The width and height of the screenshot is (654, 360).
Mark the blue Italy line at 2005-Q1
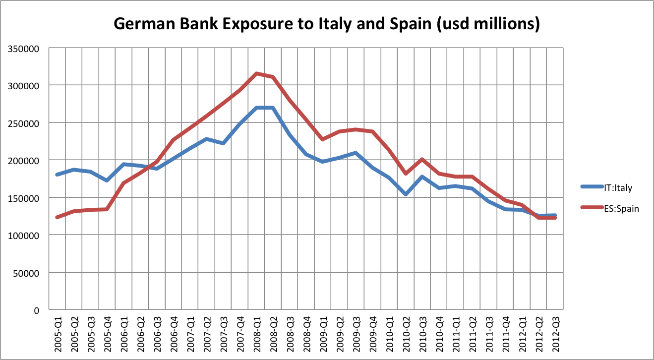(x=58, y=175)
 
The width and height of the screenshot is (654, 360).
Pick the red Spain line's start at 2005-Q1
(x=58, y=217)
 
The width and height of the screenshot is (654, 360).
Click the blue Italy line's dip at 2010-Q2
(x=406, y=194)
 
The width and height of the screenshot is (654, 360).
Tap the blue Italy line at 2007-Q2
(x=207, y=139)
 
